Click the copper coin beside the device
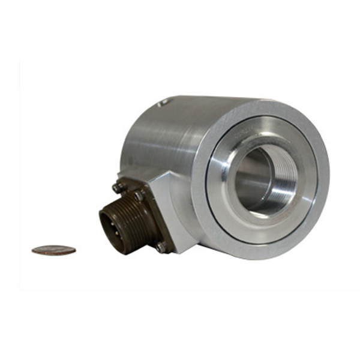[x=54, y=250]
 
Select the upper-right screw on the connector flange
[x=139, y=195]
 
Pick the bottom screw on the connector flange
[x=161, y=245]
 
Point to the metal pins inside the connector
[x=112, y=227]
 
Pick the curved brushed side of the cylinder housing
[x=162, y=138]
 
